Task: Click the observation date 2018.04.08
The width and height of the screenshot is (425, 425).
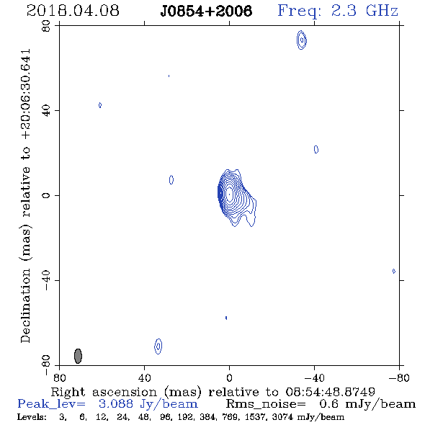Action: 73,11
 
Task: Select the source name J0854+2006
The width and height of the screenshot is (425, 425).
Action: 206,11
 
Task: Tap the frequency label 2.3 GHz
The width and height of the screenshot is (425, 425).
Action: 364,11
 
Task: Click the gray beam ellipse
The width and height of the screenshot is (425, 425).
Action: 78,356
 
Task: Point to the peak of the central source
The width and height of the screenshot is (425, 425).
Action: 229,194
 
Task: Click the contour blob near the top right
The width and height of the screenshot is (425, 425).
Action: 302,40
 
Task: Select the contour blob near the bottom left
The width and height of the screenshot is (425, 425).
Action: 158,346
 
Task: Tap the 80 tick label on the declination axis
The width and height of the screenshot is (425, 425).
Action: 46,26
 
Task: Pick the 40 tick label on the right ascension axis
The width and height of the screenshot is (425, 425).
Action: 144,377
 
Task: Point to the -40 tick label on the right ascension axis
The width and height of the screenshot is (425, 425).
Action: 314,377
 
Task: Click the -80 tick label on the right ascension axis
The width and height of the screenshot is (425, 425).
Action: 399,377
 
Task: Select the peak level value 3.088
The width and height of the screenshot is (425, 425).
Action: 116,404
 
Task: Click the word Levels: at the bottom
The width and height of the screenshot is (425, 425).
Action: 32,417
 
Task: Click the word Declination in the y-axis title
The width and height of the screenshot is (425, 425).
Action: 25,306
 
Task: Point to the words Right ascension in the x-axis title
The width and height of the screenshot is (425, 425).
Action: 104,392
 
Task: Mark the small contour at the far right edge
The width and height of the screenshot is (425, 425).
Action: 394,271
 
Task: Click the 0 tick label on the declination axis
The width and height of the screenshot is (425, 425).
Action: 46,195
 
